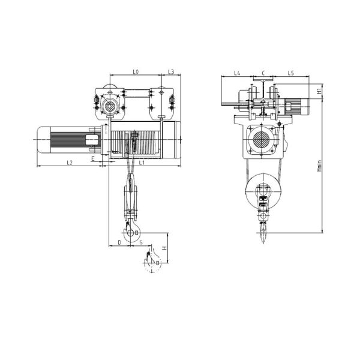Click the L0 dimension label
pos(136,72)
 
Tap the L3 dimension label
pos(171,72)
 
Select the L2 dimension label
pos(70,163)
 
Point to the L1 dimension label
pos(142,163)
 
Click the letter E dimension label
pos(93,158)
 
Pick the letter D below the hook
pos(119,242)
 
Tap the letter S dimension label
pos(141,242)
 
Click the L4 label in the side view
pos(237,73)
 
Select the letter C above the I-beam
pos(263,73)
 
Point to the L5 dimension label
pos(290,73)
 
